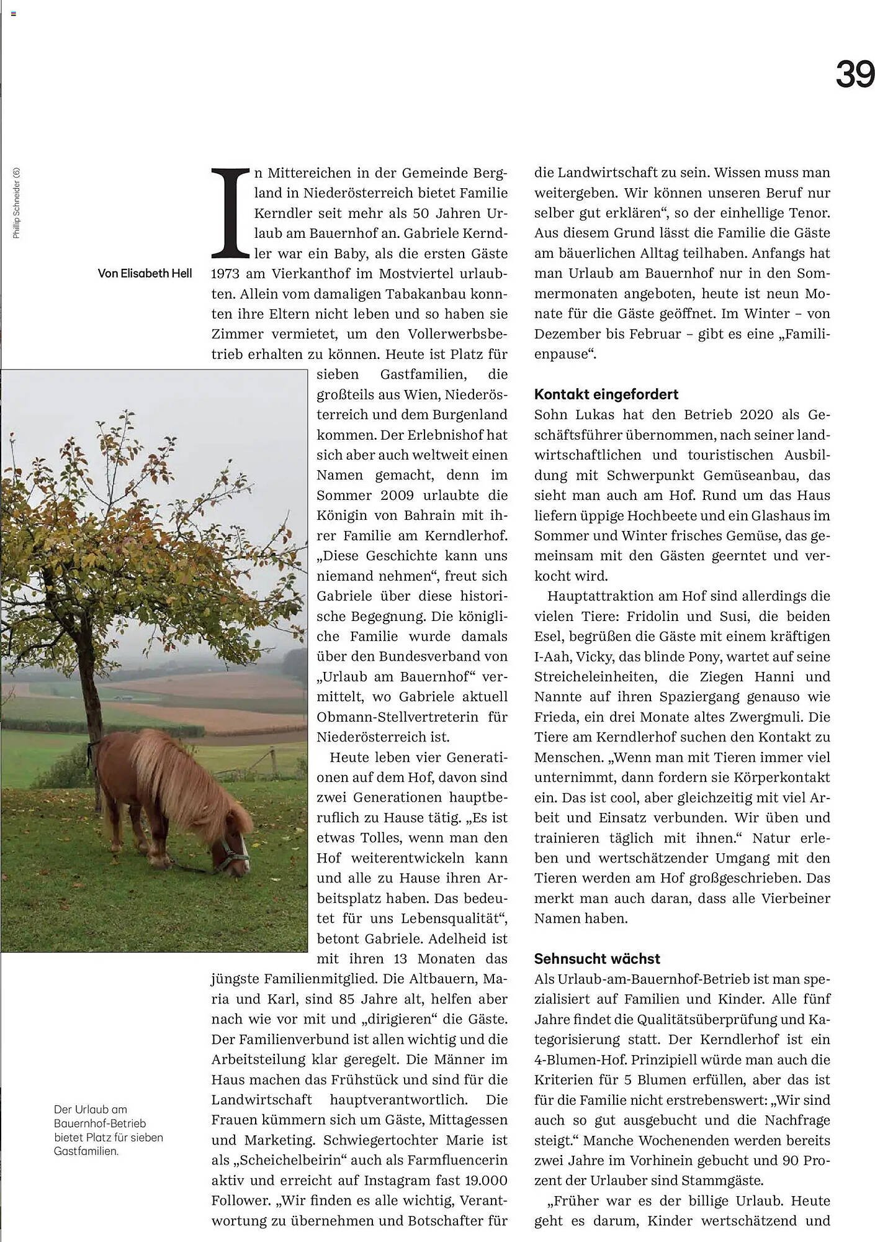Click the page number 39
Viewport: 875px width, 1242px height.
[854, 75]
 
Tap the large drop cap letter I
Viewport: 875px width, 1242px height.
[231, 212]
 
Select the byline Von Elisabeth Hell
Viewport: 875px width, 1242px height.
[145, 273]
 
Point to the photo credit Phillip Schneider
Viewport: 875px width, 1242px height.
[17, 202]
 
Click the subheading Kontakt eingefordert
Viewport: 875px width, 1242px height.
[606, 394]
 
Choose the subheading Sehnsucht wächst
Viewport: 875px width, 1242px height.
[597, 958]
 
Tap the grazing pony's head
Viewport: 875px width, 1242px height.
[233, 854]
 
